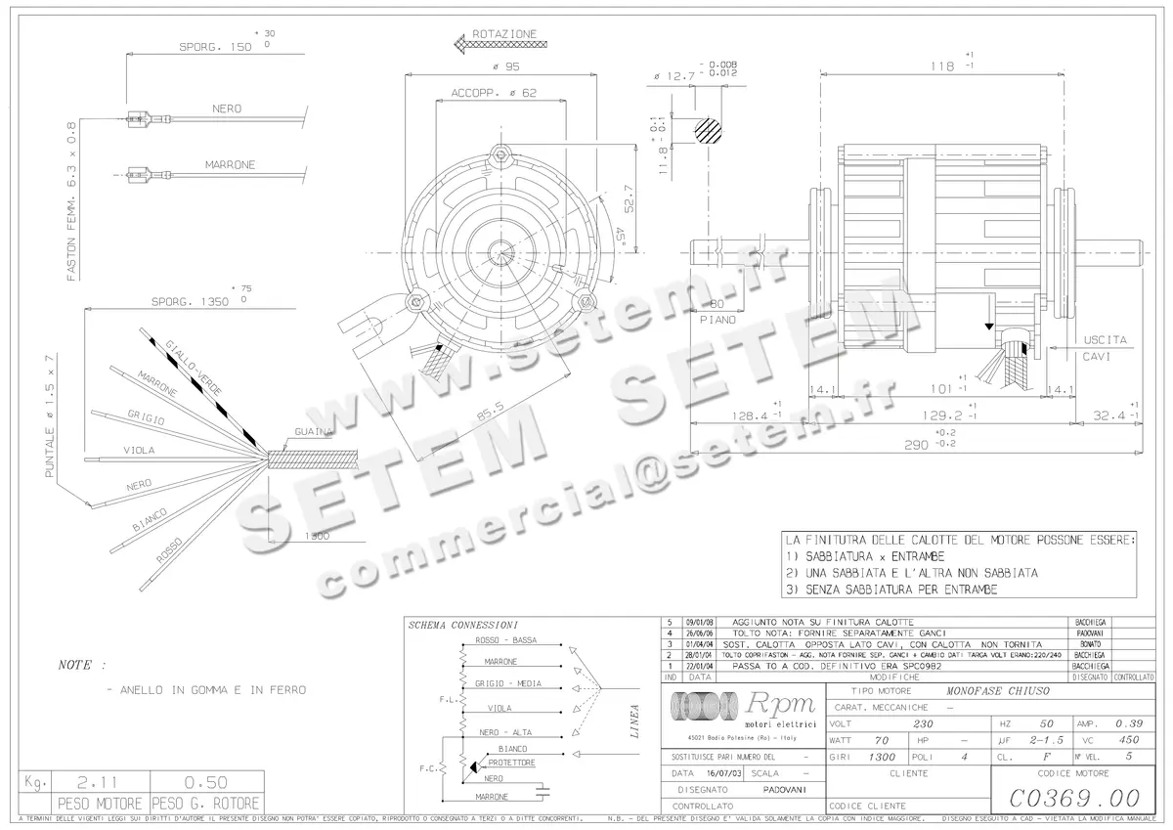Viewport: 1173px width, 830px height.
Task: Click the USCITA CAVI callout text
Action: point(1105,348)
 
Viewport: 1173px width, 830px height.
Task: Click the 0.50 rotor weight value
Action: point(205,782)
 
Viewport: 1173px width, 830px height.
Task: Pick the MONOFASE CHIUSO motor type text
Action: point(997,689)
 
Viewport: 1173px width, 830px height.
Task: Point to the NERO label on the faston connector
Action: point(226,109)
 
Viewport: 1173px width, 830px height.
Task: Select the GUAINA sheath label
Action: point(313,431)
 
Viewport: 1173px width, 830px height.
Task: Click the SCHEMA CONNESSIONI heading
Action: point(463,625)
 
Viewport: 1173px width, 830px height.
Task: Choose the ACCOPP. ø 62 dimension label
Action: point(494,93)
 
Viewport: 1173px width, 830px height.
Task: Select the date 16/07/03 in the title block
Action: point(717,771)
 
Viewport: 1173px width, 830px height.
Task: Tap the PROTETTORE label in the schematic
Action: point(511,763)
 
